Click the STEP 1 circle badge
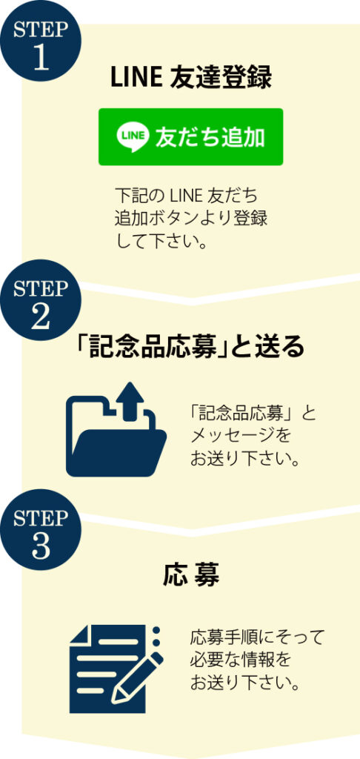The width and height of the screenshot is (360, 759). pos(41,41)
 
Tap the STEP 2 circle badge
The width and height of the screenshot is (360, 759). pos(41,299)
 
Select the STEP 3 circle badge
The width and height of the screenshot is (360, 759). pos(41,529)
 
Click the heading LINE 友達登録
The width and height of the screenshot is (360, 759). pos(191,78)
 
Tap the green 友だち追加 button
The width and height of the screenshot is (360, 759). pos(190,137)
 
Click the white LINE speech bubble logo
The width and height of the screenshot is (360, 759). pos(130,137)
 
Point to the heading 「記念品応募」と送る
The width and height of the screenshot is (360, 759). pos(191,347)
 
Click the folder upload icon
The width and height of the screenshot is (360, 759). pos(116,429)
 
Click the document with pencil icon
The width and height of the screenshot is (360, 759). pos(116,669)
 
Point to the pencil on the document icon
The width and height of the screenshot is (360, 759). pos(138,677)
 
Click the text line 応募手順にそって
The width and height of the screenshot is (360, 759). pos(257,638)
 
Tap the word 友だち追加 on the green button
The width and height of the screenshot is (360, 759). pos(210,137)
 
